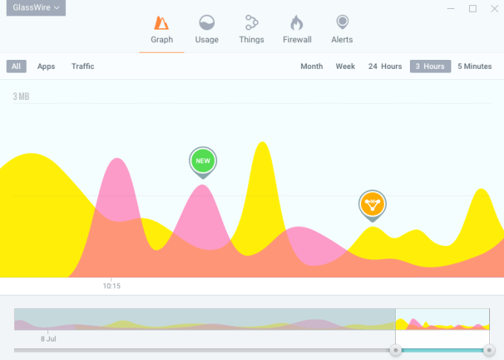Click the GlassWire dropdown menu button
coord(36,8)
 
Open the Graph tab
coord(162,30)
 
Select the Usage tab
coord(207,30)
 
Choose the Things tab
coord(251,30)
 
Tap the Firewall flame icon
coord(296,23)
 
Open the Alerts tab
coord(342,30)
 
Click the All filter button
coord(16,66)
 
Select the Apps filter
coord(46,66)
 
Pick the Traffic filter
coord(83,66)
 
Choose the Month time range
coord(311,66)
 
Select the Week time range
coord(345,66)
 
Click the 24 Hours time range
coord(385,66)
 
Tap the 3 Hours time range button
coord(430,66)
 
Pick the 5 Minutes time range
coord(474,66)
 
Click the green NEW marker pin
coord(202,161)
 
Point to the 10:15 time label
coord(112,285)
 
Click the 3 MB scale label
coord(21,96)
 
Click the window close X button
coord(494,9)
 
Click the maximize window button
coord(473,9)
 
